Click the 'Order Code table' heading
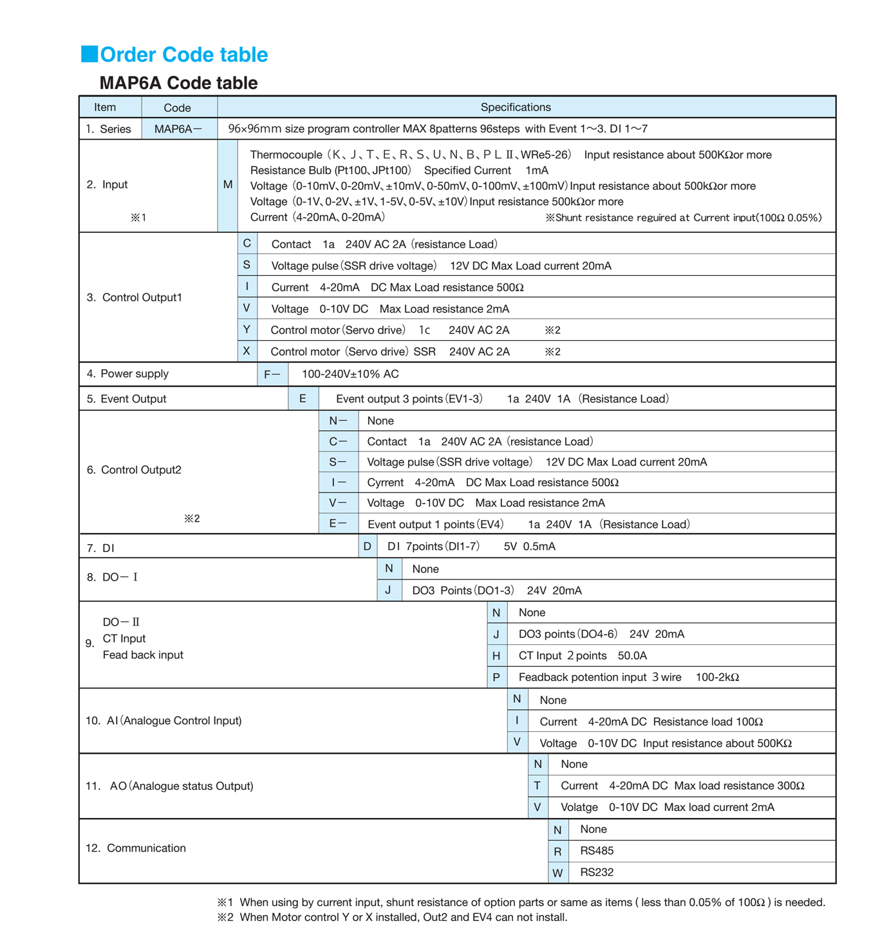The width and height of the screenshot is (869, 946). point(183,55)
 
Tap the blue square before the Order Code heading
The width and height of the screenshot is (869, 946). point(89,54)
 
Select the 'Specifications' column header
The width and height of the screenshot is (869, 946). point(515,107)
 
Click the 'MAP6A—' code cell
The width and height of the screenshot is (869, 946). point(178,129)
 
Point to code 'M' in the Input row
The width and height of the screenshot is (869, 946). point(228,185)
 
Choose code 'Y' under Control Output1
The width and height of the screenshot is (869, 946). point(247,329)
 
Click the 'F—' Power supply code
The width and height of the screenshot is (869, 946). point(272,374)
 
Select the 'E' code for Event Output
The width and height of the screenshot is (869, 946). point(303,399)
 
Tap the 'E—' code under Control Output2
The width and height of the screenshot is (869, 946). point(338,523)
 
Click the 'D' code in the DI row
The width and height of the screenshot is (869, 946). point(368,547)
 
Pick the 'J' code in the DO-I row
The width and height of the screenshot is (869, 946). point(388,590)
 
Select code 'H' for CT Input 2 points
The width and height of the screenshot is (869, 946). point(496,655)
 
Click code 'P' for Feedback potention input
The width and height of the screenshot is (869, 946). point(496,677)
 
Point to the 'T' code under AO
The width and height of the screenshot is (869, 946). point(537,785)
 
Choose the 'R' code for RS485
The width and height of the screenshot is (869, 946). point(557,851)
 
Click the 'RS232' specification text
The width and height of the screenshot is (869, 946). point(597,873)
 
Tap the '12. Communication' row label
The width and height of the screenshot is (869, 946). point(136,848)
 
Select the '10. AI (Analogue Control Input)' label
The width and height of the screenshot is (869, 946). point(164,721)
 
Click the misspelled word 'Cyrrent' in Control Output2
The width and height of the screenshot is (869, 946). point(385,482)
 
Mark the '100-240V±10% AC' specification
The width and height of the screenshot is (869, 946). point(350,374)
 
